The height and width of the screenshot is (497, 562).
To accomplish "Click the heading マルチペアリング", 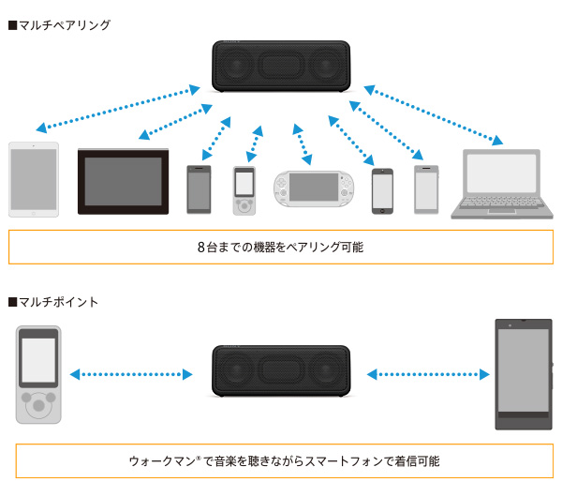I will [x=64, y=25].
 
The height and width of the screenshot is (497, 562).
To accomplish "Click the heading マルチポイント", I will [x=57, y=302].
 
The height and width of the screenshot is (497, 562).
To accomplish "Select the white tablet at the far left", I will [x=34, y=179].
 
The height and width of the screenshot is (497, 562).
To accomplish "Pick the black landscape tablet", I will [x=123, y=181].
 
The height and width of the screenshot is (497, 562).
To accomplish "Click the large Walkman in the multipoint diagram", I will [x=38, y=374].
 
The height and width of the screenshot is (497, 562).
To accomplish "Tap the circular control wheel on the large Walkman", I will [x=38, y=406].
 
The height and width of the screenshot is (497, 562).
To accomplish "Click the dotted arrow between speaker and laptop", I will [x=433, y=115].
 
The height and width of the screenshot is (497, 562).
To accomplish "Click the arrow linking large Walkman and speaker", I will [x=130, y=374].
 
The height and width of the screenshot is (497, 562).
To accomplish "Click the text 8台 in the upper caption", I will [x=207, y=248].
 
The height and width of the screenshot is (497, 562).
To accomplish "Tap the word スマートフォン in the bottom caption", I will [x=336, y=461].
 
